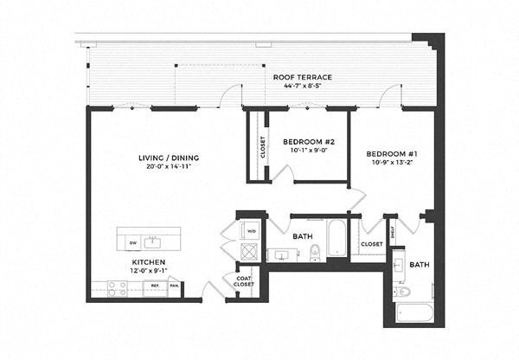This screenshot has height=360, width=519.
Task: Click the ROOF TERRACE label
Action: tap(302, 77)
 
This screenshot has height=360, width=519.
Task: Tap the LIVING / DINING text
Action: tap(168, 157)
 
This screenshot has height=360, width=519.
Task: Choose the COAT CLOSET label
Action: tap(243, 280)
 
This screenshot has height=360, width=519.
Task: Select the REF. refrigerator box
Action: tap(156, 285)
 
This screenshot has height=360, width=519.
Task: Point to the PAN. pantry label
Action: tap(175, 285)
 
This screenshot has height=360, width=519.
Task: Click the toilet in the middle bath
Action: tap(315, 253)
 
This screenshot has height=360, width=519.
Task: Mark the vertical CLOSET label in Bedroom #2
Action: tap(263, 147)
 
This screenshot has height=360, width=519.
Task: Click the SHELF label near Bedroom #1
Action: tap(393, 231)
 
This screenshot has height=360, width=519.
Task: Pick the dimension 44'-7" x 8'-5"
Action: tap(302, 87)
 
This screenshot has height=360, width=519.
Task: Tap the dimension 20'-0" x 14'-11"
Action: tap(168, 166)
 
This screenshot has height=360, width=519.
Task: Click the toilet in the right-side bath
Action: tap(403, 292)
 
